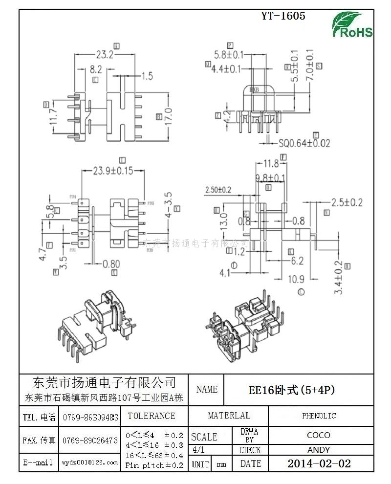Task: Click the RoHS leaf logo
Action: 352,24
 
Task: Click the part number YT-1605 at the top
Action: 283,16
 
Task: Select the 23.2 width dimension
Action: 105,55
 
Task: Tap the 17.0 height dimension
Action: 169,116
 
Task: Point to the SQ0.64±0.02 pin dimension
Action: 304,143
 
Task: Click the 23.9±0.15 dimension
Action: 113,171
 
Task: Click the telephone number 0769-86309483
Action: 90,417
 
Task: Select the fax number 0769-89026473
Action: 90,440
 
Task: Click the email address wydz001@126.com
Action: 90,462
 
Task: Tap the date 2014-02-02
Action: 319,463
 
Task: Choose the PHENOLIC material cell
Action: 319,416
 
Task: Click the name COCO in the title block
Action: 319,435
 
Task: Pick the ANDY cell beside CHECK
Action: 319,450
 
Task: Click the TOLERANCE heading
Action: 151,416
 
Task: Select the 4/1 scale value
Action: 199,450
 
